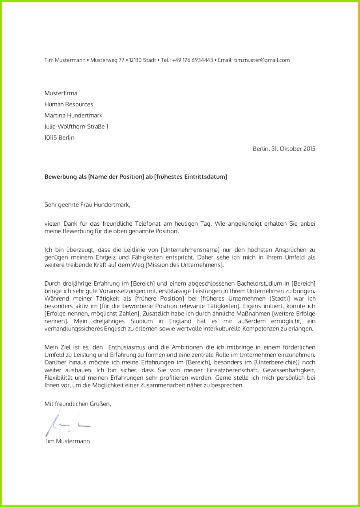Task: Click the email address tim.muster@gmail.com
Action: pos(262,60)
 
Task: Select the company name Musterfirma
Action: pos(61,93)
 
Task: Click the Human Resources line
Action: pos(69,104)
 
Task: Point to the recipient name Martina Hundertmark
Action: pos(73,115)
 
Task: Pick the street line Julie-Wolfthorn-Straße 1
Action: pos(76,126)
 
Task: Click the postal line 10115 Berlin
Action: pos(59,137)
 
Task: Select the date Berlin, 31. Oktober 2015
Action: pos(284,149)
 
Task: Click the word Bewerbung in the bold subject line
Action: pos(59,177)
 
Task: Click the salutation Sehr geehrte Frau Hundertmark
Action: pos(87,204)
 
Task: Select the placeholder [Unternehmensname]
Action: pos(190,250)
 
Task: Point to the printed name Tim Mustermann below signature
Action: pos(67,441)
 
